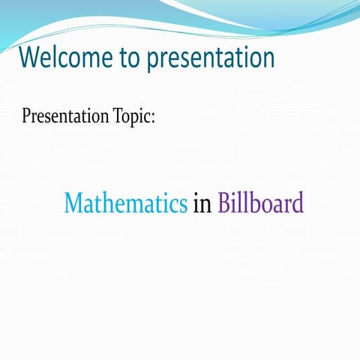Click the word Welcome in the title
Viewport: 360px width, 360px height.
click(61, 57)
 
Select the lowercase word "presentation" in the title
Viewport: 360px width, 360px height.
click(211, 58)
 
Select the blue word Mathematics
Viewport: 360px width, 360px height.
click(125, 203)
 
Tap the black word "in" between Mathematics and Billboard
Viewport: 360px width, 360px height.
click(202, 203)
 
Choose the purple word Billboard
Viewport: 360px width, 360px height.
click(260, 203)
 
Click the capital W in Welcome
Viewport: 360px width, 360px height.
click(30, 57)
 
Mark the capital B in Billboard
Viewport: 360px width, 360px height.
click(224, 203)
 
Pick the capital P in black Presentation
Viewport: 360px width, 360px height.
click(27, 117)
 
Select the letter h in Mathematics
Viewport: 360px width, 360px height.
click(113, 203)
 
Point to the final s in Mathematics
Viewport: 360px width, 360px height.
click(182, 205)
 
